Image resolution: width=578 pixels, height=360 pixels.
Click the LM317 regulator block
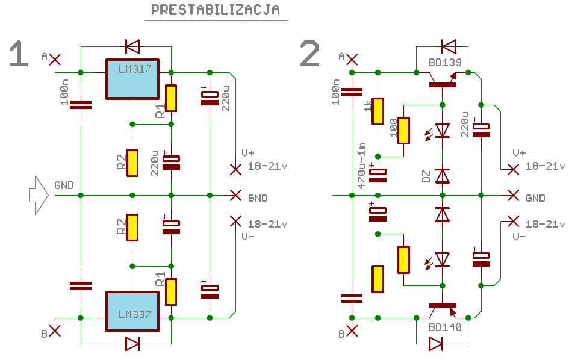[132, 79]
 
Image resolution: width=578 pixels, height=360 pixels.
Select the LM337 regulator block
[132, 312]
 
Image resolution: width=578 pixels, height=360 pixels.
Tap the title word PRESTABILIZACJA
[216, 10]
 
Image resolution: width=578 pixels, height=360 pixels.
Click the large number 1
[19, 54]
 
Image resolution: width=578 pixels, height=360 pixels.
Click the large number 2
[309, 54]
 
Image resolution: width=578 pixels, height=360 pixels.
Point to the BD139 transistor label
[445, 63]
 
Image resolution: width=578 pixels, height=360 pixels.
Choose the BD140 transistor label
[445, 327]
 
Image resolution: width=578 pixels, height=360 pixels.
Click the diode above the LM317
[132, 47]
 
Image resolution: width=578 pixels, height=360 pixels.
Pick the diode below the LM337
[132, 344]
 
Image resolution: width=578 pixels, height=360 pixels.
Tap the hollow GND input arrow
[39, 195]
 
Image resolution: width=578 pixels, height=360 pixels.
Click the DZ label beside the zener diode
[426, 176]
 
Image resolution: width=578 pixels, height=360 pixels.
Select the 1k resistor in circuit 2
[378, 111]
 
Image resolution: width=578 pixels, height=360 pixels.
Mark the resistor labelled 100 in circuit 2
[403, 131]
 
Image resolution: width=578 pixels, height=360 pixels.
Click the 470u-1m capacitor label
[362, 166]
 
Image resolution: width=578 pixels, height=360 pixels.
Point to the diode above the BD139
[449, 47]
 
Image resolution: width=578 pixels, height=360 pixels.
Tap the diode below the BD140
[436, 344]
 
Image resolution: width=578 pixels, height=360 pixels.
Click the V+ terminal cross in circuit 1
[235, 170]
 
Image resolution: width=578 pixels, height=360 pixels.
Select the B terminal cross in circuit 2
[352, 331]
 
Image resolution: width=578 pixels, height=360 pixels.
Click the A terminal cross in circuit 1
[55, 60]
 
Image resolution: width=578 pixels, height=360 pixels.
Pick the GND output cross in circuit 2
[513, 195]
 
